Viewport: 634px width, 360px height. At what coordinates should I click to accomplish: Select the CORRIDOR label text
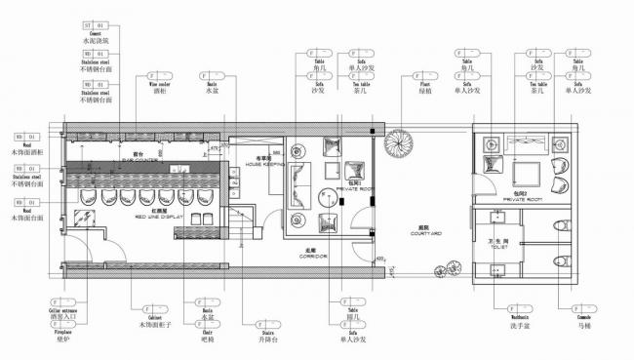tap(314, 254)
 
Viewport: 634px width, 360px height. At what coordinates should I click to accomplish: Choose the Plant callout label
tap(424, 89)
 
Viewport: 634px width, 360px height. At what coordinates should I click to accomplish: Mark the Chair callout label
tap(207, 332)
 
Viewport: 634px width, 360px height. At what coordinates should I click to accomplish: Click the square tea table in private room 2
tap(527, 173)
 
